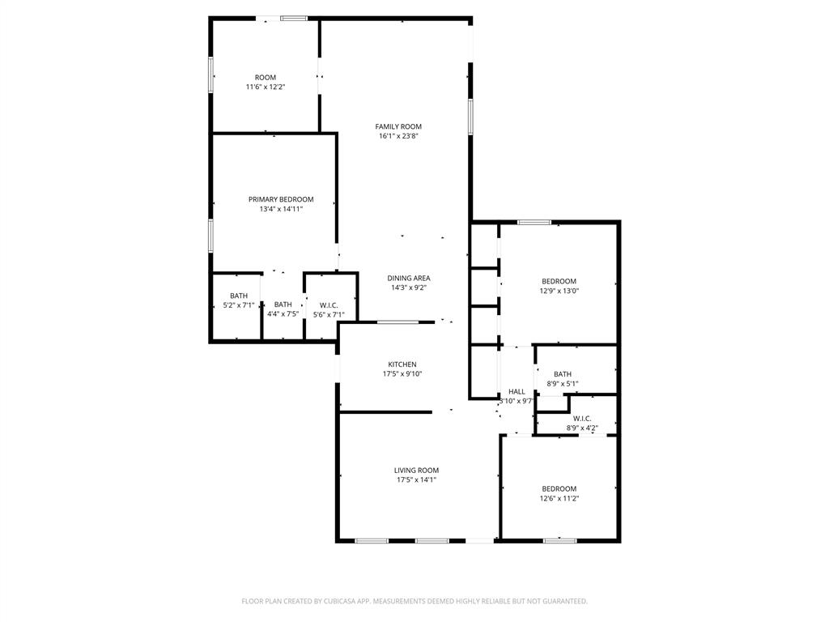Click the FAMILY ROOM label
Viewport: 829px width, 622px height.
(398, 126)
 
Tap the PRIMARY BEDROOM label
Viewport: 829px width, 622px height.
(281, 199)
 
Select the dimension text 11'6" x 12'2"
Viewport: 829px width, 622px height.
(266, 87)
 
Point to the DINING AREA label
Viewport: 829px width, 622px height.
(409, 278)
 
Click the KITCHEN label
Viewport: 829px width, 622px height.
(402, 364)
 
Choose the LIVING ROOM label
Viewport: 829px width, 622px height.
(416, 470)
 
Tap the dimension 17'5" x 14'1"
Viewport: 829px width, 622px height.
(416, 479)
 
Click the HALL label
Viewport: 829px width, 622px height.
(517, 391)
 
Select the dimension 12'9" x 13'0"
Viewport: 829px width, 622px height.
(559, 291)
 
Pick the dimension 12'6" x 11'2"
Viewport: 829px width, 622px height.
(559, 498)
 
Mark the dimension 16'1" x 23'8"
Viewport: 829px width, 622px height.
(398, 136)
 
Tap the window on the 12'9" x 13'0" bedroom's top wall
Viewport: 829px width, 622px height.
(534, 222)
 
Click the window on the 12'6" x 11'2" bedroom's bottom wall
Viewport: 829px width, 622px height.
(559, 540)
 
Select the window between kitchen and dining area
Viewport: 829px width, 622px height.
(397, 322)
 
